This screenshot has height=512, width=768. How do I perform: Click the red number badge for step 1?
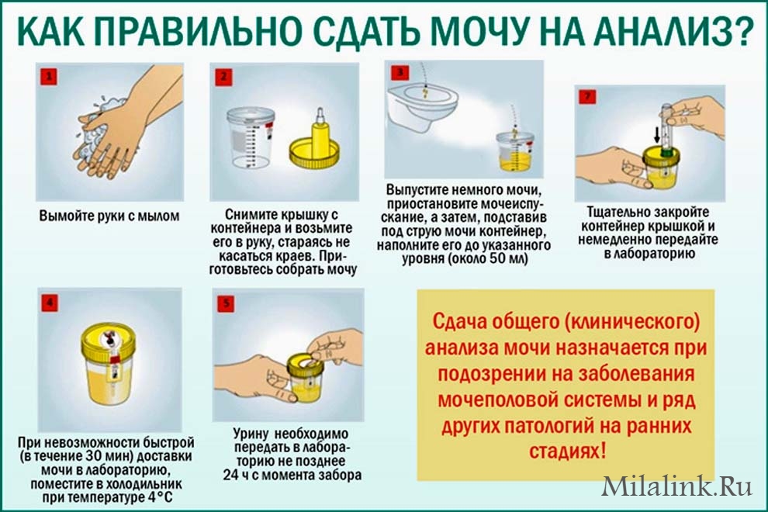coord(49,77)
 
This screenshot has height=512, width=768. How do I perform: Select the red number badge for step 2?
coord(223,77)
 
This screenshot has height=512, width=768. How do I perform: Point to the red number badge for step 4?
coord(50,303)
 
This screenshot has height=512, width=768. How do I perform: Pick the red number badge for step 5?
coord(226,303)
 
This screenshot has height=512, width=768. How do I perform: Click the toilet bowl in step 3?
coord(422,106)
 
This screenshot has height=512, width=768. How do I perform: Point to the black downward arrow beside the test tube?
coord(656,133)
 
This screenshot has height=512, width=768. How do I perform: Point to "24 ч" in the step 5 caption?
coord(237,475)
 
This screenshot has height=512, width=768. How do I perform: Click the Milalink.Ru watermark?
coord(676,487)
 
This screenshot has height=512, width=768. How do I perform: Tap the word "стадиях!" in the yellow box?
coord(567,450)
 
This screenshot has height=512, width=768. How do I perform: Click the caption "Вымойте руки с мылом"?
coord(109,216)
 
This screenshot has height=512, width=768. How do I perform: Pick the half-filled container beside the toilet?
coord(514,153)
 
